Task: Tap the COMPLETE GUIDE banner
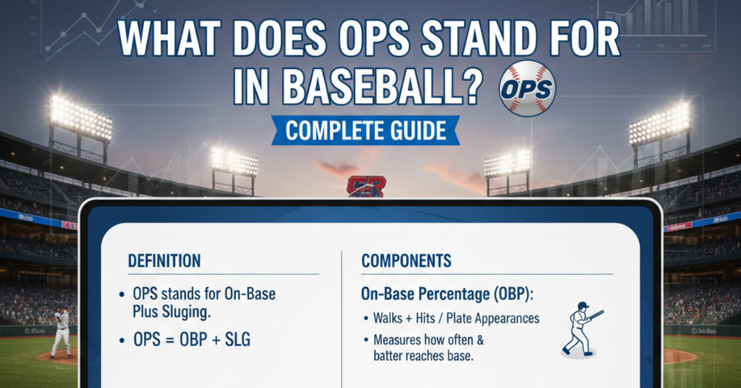tap(365, 131)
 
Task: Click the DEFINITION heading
tap(164, 261)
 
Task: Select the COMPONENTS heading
tap(406, 261)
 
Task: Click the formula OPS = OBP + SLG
tap(192, 340)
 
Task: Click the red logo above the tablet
tap(366, 186)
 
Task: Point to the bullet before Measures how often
tap(365, 340)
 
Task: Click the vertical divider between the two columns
tap(341, 309)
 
